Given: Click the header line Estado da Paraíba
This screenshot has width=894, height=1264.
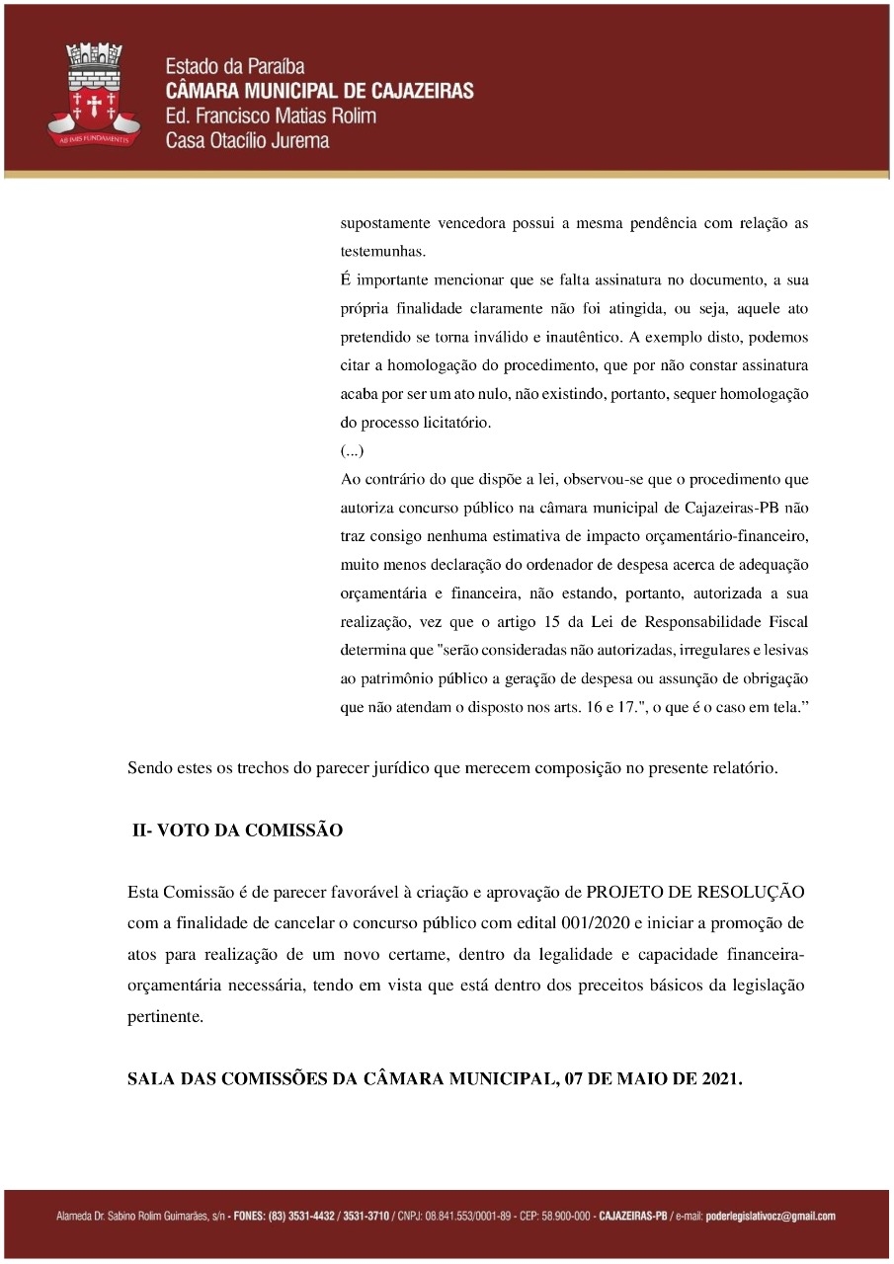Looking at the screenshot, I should tap(235, 67).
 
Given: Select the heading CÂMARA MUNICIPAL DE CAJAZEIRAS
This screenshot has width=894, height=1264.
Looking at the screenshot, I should tap(319, 92).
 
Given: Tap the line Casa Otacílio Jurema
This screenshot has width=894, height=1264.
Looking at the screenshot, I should tap(247, 140).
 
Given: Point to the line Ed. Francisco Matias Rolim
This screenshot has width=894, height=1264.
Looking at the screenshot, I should tap(271, 117).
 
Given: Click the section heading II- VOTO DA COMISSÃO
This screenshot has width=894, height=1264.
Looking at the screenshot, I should tap(238, 830).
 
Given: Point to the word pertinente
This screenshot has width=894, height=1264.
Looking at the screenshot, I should tap(165, 1016).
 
